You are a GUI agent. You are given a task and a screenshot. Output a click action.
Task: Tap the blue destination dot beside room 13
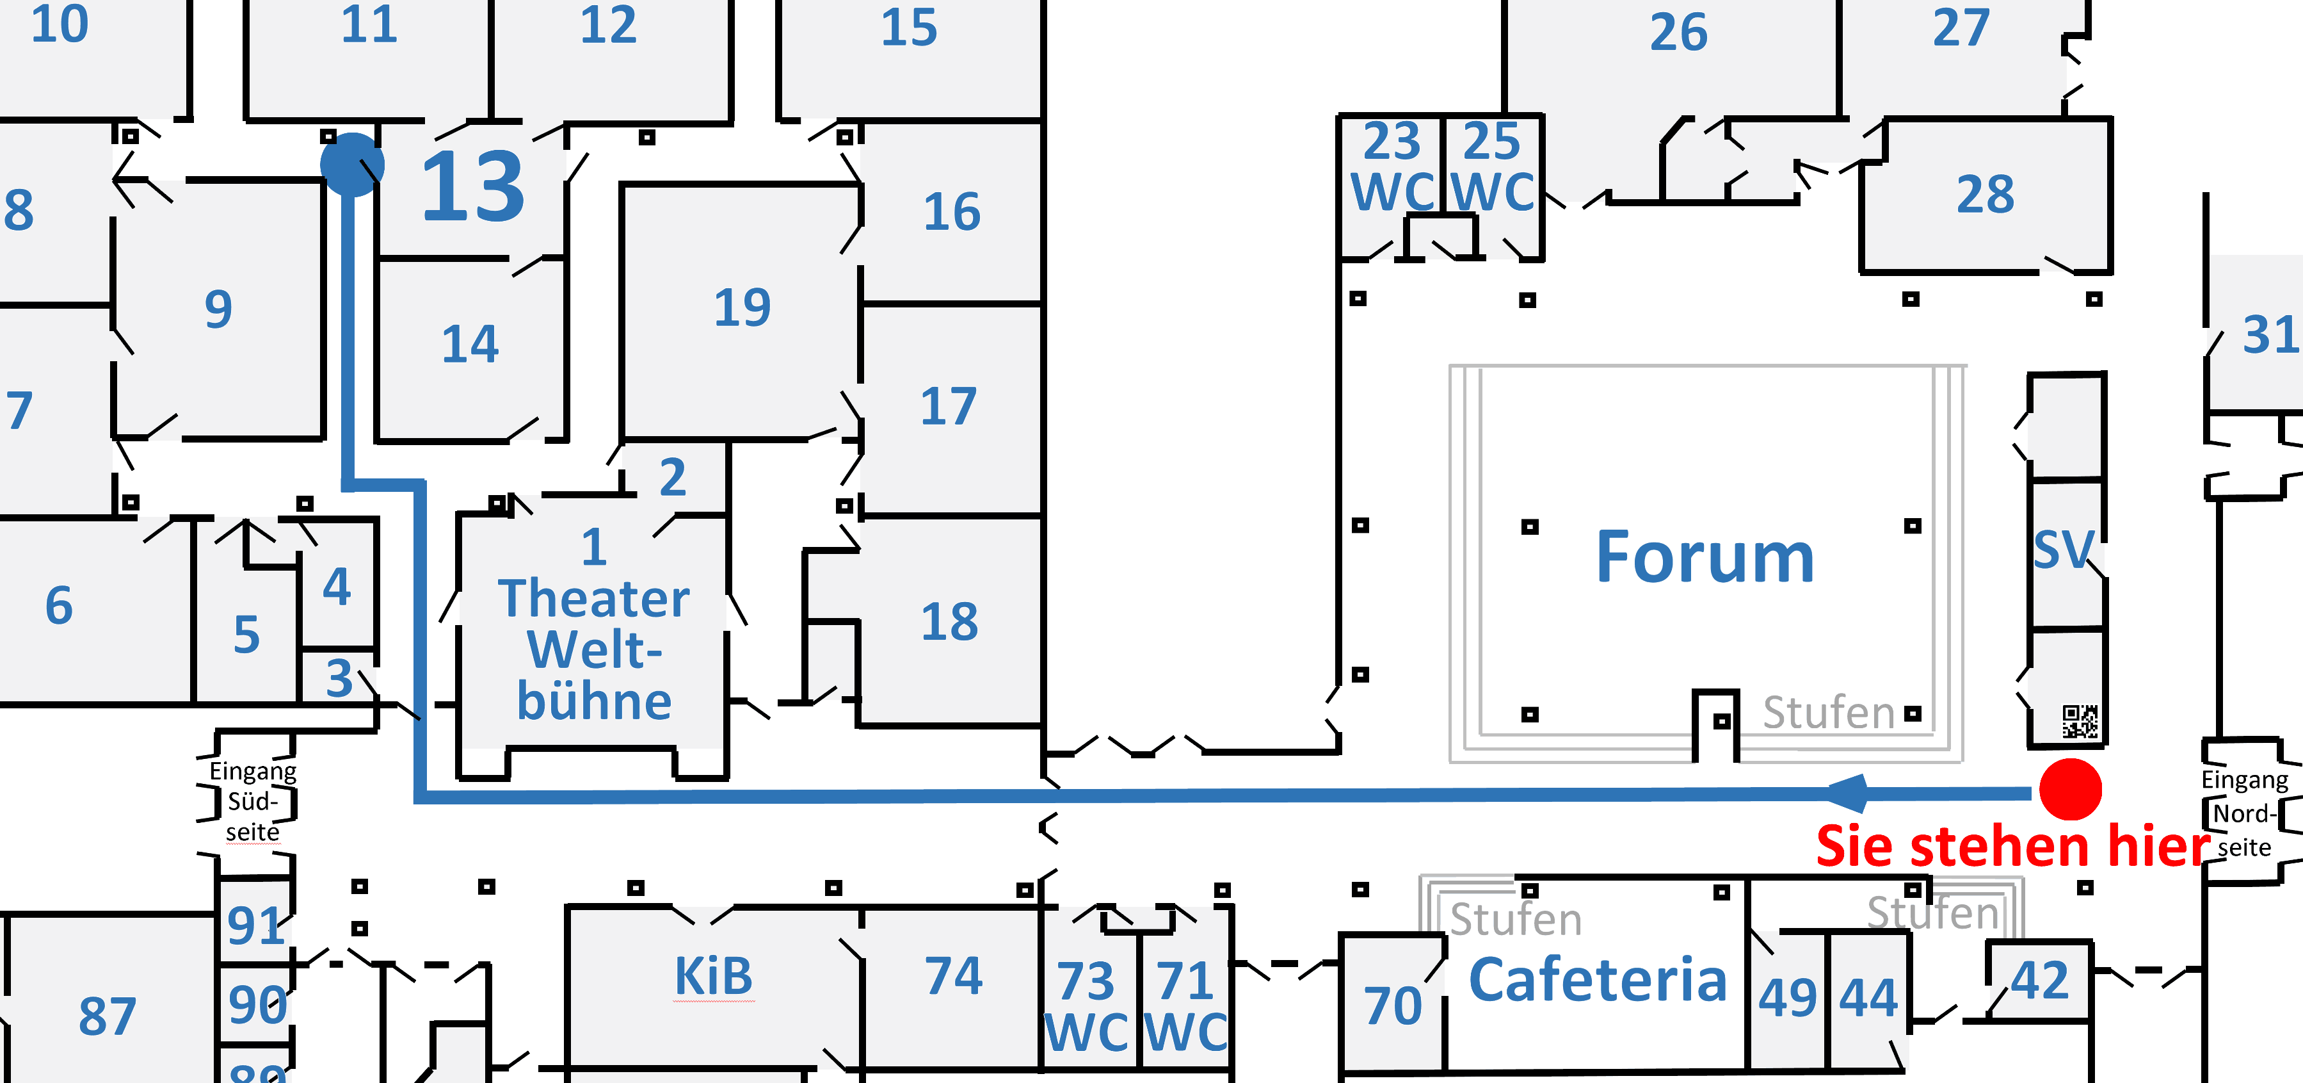pos(352,165)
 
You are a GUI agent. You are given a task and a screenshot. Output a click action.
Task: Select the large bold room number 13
pos(473,187)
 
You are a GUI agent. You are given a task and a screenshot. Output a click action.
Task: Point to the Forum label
pos(1705,557)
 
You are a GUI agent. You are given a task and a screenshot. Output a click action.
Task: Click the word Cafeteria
pos(1598,980)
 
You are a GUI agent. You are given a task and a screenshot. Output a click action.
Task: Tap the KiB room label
pos(714,975)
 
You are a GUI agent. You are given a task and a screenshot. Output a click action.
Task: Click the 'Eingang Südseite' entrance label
pos(252,801)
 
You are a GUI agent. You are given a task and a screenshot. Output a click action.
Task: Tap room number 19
pos(742,307)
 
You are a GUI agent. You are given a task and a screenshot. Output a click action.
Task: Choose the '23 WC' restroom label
pos(1392,167)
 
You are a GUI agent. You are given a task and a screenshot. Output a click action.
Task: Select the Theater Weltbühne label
pos(595,649)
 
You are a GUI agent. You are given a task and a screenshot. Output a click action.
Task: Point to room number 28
pos(1986,195)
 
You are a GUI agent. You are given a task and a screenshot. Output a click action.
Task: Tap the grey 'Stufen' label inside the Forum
pos(1828,713)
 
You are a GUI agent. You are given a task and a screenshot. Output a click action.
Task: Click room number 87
pos(108,1016)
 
